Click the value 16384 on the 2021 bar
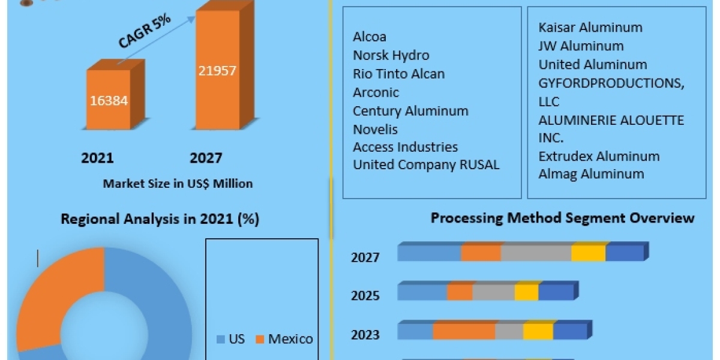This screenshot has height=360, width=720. (109, 100)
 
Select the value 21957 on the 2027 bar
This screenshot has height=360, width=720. (217, 70)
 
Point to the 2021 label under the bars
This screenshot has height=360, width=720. (97, 158)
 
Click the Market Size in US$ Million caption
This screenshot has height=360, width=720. (178, 184)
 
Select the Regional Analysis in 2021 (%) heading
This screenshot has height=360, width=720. (160, 220)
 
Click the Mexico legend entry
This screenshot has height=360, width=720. (284, 339)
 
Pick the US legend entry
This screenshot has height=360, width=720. (231, 339)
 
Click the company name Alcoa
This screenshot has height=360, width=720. (370, 37)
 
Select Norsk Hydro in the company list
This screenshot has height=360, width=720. (391, 56)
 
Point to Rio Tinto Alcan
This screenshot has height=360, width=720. (398, 74)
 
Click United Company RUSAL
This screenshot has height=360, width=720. (426, 165)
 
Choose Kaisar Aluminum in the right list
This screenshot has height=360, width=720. (582, 28)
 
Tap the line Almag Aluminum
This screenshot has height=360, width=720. (583, 174)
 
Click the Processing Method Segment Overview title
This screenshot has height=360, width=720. (562, 218)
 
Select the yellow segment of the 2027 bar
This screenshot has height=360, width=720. (588, 253)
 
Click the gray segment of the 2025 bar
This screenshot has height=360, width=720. (493, 292)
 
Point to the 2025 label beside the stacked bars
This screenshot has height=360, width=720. (365, 295)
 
